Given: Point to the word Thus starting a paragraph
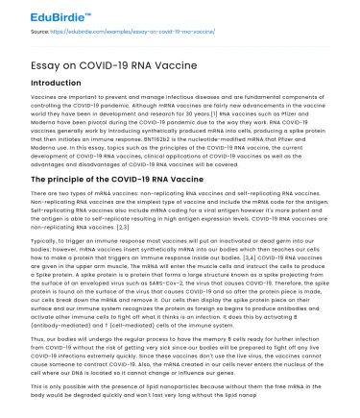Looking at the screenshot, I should [39, 336].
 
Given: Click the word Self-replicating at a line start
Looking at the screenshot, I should [52, 210].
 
